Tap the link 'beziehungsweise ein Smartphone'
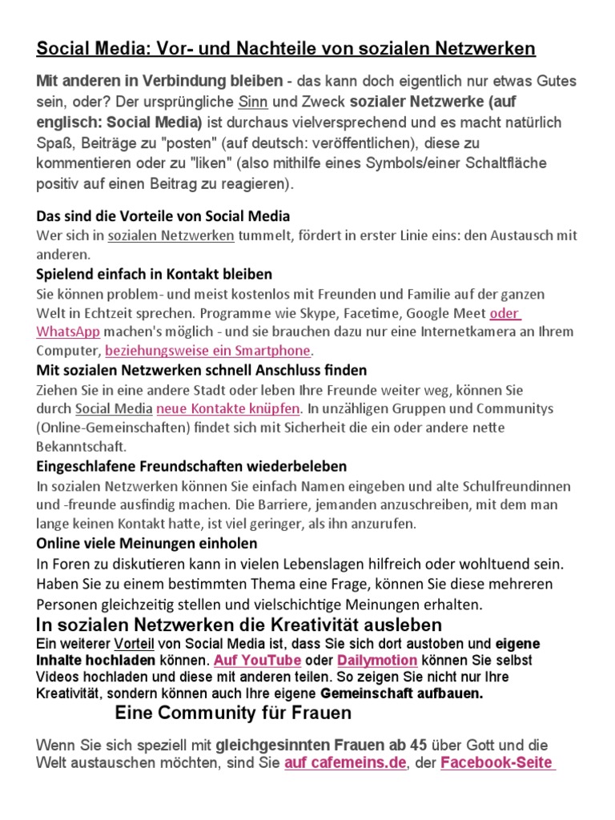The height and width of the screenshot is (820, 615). (208, 351)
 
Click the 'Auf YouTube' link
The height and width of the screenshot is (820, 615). (258, 661)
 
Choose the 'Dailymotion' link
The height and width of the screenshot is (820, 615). (377, 661)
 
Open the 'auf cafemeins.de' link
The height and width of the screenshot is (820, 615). (345, 762)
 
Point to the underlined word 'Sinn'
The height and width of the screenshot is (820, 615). (247, 102)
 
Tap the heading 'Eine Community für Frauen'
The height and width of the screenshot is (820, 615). (233, 713)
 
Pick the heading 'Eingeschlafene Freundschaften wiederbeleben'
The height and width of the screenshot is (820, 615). (191, 466)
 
